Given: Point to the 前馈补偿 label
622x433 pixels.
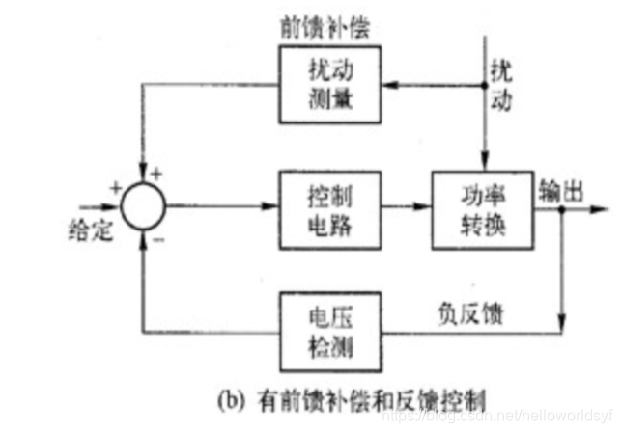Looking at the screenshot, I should coord(318,27).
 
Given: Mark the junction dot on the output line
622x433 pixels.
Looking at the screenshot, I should coord(562,206).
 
